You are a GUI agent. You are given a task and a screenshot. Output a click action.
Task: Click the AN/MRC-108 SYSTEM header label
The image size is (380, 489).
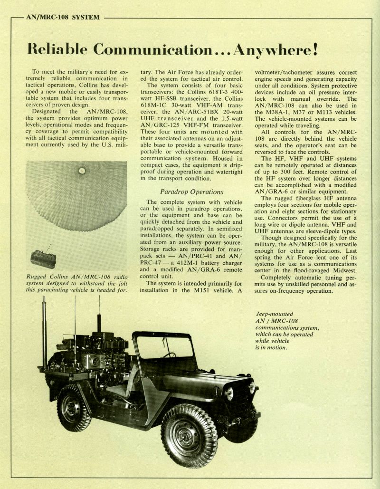point(63,18)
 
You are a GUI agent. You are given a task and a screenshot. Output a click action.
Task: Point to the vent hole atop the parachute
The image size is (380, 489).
point(82,171)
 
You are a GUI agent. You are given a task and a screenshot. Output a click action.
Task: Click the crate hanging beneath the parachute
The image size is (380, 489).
point(43,259)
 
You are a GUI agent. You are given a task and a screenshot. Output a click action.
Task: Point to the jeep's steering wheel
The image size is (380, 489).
point(169,355)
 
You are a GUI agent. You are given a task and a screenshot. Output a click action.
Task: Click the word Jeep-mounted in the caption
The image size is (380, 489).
point(275,314)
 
